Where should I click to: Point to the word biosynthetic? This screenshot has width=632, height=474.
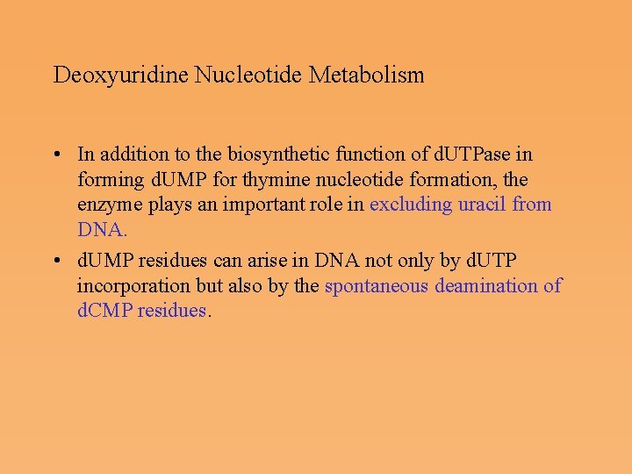[276, 154]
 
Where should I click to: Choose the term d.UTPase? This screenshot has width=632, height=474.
[480, 154]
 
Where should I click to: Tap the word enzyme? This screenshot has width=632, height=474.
[106, 205]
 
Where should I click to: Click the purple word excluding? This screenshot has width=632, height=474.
[409, 205]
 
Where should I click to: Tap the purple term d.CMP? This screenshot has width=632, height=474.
[104, 311]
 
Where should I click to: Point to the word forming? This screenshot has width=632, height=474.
[108, 180]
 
